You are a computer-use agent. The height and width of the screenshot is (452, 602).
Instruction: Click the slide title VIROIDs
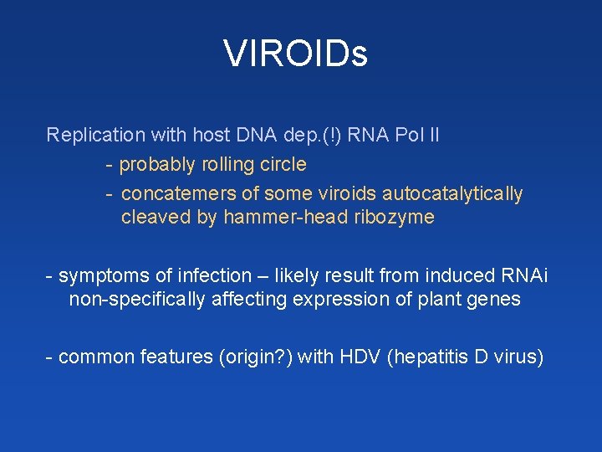(296, 54)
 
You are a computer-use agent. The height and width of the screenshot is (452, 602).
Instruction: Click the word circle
(284, 164)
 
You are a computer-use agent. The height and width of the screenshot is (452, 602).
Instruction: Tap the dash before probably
(110, 164)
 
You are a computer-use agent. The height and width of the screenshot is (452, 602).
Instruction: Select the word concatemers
(178, 194)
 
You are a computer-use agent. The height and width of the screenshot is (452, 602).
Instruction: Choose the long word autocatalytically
(452, 194)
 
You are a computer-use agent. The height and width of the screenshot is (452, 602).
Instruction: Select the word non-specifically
(136, 299)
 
